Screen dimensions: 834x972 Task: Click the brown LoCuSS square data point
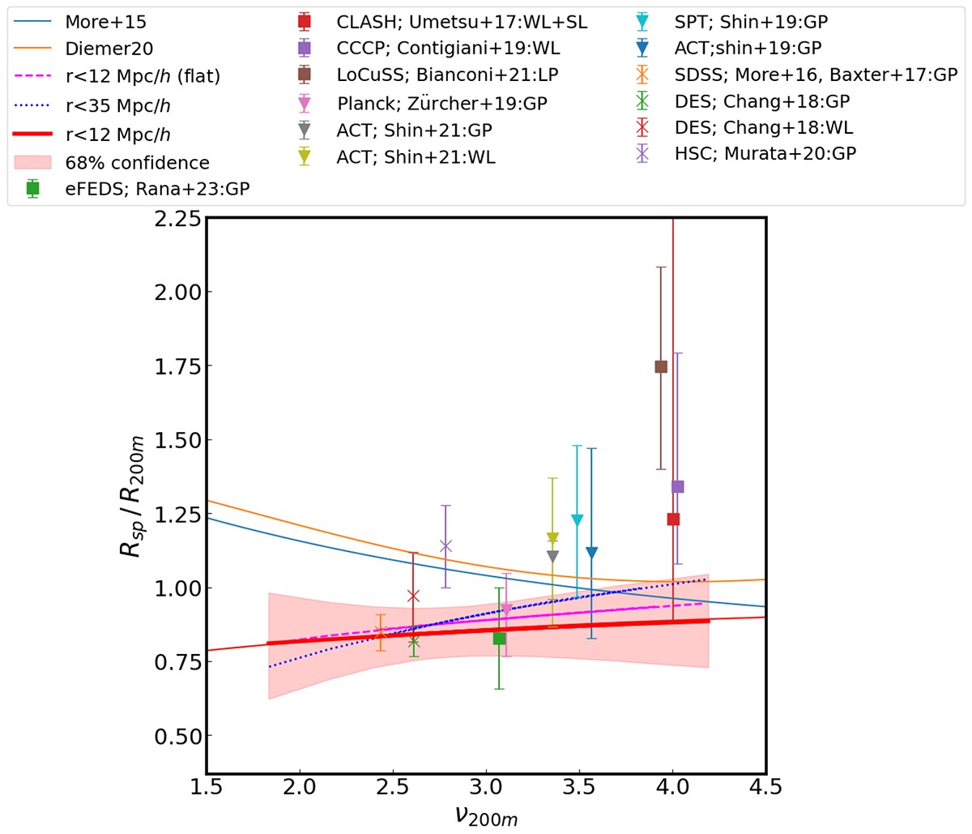(x=661, y=366)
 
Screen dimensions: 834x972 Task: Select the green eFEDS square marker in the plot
(x=499, y=638)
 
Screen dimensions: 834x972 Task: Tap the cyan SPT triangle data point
(x=577, y=520)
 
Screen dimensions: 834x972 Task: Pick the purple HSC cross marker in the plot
(x=445, y=545)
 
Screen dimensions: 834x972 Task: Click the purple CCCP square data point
(x=678, y=486)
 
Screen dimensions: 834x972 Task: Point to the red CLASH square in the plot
(x=673, y=519)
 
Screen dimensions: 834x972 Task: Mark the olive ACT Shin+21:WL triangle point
(x=552, y=538)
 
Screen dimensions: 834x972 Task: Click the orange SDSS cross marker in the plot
(x=381, y=632)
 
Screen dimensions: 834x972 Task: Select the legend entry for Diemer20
(x=109, y=49)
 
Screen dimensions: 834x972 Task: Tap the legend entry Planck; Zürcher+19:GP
(x=441, y=103)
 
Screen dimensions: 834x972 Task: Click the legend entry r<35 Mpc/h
(x=117, y=105)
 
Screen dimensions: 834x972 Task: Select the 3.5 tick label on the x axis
(x=579, y=786)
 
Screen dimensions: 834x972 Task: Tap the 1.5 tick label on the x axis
(x=207, y=786)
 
